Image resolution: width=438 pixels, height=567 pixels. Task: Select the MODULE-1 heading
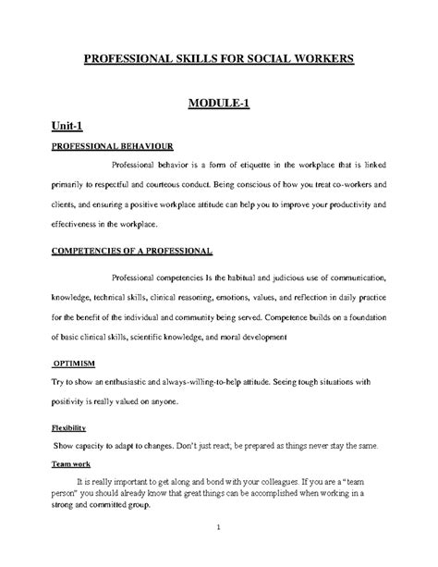pyautogui.click(x=218, y=102)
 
